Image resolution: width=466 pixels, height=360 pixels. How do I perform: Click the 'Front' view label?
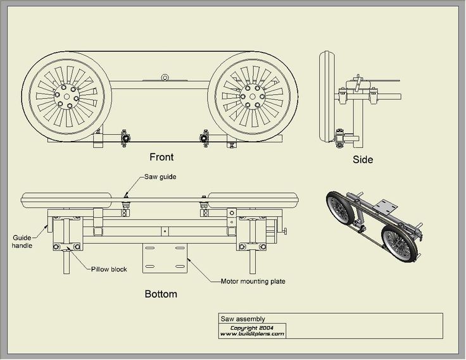pos(161,156)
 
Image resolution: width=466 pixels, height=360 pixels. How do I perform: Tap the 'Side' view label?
pos(363,159)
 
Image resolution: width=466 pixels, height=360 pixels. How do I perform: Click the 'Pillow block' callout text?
pos(109,269)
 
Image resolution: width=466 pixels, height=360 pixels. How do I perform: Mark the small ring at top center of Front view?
pos(165,77)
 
